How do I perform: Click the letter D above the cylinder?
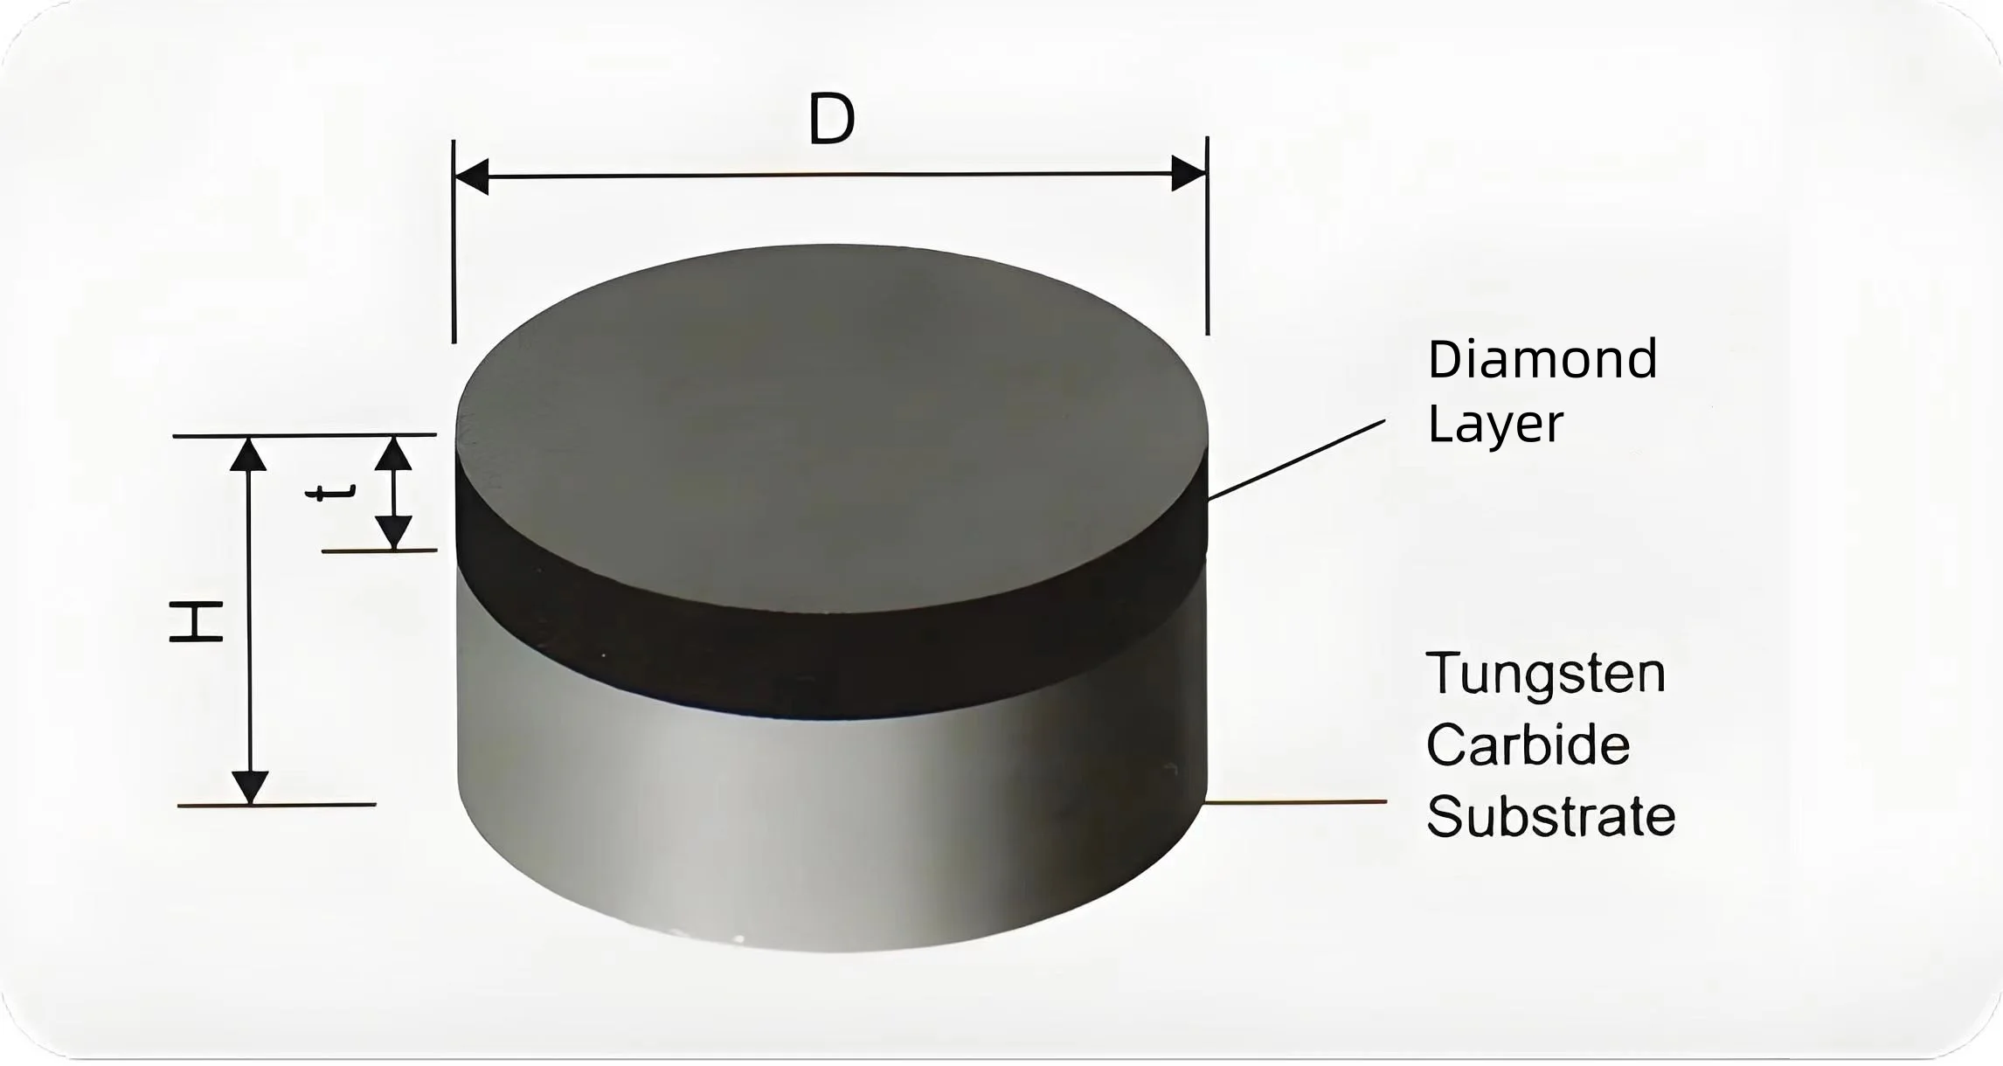[831, 120]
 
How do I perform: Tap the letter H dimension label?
[196, 621]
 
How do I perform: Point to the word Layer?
[1494, 426]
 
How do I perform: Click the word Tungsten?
[1545, 674]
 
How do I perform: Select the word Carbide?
[1528, 745]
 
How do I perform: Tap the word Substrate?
[1550, 817]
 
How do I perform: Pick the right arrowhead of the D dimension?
[1189, 174]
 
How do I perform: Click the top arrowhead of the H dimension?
[249, 454]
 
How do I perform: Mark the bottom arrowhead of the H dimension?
[250, 786]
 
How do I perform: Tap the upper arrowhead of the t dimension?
[393, 453]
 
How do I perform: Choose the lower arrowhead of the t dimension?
[393, 531]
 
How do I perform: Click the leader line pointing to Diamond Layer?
[1296, 460]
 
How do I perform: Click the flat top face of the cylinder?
[830, 419]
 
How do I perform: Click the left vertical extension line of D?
[454, 262]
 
